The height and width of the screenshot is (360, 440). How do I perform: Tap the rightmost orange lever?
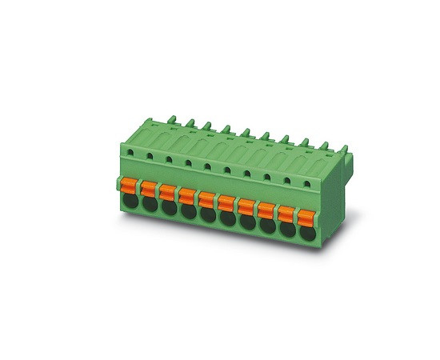coord(306,217)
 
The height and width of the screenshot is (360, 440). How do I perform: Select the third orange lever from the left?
coord(168,192)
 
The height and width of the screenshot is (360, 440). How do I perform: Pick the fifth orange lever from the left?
coord(207,199)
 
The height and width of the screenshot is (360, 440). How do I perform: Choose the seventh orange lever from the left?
coord(246,206)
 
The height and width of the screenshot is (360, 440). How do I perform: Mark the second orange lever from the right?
coord(286,214)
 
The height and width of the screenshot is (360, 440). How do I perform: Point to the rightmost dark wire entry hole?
coord(306,234)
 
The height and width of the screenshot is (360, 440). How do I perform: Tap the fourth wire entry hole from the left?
coord(189,213)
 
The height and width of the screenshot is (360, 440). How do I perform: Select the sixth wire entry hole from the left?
coord(228,220)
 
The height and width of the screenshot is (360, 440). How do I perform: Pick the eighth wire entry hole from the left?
coord(267,227)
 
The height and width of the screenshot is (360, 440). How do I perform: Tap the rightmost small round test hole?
coord(306,184)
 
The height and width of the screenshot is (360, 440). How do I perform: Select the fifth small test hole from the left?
coord(207,166)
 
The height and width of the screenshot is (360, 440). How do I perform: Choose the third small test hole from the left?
coord(169,158)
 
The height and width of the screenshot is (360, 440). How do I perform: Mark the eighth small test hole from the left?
coord(266,177)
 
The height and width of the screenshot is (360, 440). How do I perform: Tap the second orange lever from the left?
coord(149,189)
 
